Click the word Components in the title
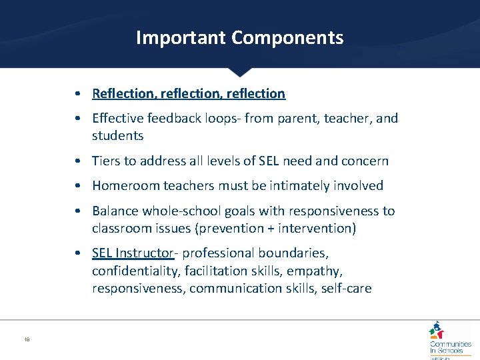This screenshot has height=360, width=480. tap(287, 37)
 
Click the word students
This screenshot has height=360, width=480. tap(118, 136)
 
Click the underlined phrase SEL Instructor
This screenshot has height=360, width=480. tap(133, 253)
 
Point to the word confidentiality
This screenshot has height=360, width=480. tap(137, 271)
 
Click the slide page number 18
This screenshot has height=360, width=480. tap(27, 339)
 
